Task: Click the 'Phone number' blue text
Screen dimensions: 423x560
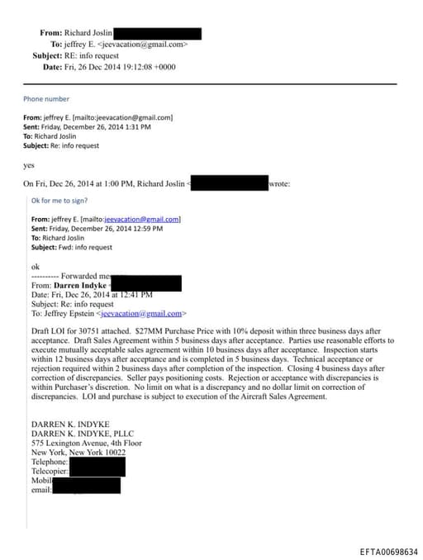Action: click(x=46, y=99)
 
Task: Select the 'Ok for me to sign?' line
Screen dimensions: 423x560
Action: click(x=59, y=201)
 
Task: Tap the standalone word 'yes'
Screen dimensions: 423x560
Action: click(x=29, y=165)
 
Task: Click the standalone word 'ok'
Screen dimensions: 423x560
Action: click(x=36, y=266)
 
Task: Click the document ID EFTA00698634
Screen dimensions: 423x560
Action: click(x=388, y=552)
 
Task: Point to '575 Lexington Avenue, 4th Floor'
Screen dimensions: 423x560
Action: click(x=86, y=443)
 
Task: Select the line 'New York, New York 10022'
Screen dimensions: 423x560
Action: click(x=78, y=453)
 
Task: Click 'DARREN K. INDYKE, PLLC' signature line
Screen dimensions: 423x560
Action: click(x=83, y=433)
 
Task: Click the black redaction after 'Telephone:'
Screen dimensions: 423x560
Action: click(x=97, y=463)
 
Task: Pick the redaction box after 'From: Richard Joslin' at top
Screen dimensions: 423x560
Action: click(x=157, y=33)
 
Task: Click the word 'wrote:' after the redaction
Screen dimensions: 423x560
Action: click(x=279, y=183)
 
